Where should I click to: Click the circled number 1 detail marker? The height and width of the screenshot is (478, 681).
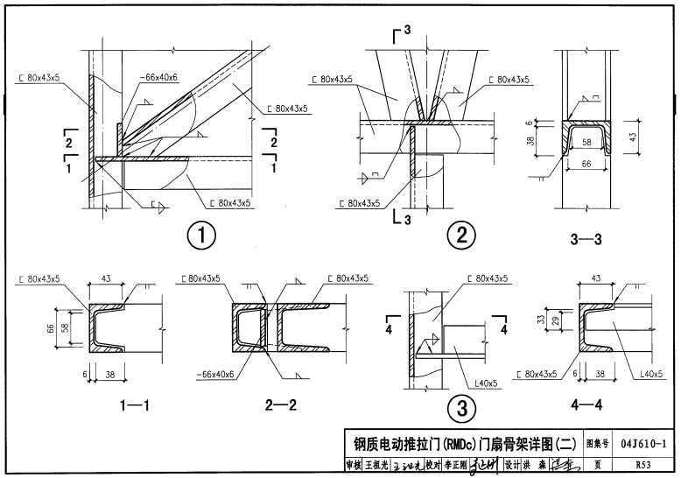pos(201,235)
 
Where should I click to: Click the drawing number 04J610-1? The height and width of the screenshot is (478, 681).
pos(649,444)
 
